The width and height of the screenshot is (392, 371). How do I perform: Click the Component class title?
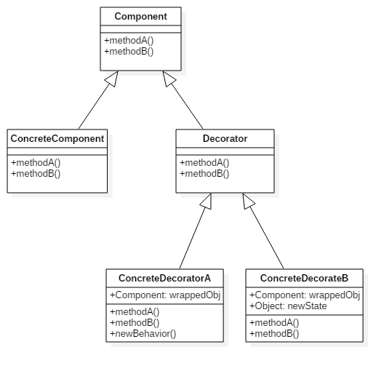[141, 17]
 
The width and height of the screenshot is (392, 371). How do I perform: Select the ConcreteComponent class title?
[57, 138]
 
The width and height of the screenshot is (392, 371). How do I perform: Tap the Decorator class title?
[225, 138]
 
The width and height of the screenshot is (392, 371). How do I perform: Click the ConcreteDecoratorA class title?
[164, 278]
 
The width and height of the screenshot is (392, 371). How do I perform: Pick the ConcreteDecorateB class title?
[304, 278]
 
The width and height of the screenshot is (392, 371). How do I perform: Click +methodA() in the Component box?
[129, 41]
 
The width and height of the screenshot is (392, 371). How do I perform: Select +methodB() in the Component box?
[129, 52]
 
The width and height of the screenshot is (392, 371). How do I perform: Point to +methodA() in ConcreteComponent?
[36, 163]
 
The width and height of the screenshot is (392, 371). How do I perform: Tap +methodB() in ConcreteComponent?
[36, 174]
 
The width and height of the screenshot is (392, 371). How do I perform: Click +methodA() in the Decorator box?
[204, 163]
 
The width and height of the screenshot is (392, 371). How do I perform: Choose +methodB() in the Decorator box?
[204, 174]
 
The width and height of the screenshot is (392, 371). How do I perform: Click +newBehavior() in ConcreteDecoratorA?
[143, 334]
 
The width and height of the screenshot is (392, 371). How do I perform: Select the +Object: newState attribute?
[288, 306]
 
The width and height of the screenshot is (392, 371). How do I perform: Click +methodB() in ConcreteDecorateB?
[274, 334]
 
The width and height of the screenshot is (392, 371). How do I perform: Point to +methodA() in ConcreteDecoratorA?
[135, 312]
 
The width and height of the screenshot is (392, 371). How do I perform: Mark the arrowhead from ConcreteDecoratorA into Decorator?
[207, 202]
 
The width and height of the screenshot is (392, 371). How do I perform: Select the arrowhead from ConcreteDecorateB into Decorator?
[247, 201]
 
